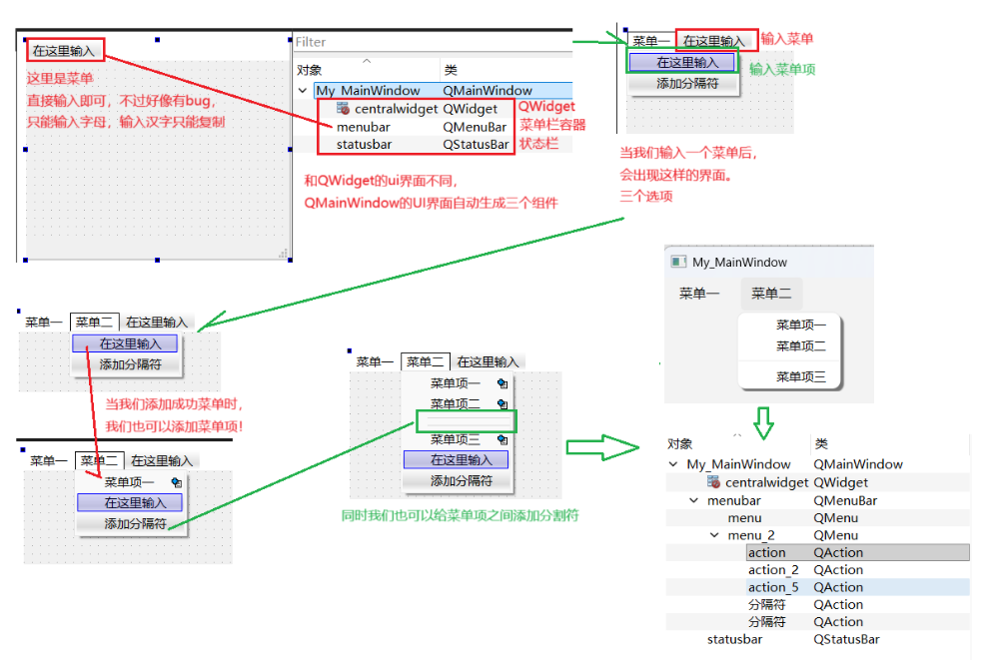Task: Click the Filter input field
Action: pos(430,42)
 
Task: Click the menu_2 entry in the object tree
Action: pos(751,535)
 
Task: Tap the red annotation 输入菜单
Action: pos(787,39)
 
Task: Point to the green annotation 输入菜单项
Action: pos(782,69)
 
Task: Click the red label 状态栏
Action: pos(537,143)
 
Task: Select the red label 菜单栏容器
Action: pos(552,125)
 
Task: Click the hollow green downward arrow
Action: pos(763,422)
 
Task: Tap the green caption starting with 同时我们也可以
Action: pos(460,515)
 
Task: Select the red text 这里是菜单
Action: pos(60,78)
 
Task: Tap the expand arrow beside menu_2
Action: pos(713,535)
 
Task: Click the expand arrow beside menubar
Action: pos(693,500)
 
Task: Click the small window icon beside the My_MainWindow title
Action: pos(678,262)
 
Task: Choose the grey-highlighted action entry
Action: pos(766,552)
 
